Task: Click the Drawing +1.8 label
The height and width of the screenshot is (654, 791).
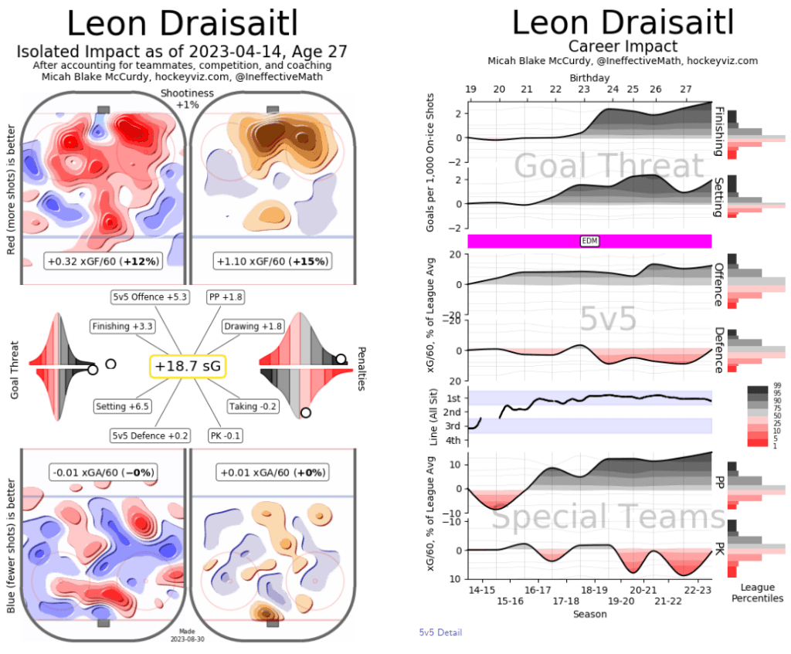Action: coord(253,327)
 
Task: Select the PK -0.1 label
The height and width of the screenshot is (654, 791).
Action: coord(226,435)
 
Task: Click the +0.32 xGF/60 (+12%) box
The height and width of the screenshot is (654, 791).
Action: coord(103,261)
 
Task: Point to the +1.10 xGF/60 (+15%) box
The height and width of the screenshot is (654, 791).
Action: coord(273,261)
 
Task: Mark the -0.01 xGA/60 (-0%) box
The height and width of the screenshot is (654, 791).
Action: coord(103,472)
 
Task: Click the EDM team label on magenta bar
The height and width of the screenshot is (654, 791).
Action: coord(589,241)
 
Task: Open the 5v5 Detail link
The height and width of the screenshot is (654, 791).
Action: coord(440,633)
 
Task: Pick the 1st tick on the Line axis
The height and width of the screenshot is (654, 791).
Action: coord(453,398)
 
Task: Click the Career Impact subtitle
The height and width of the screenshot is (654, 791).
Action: coord(623,46)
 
